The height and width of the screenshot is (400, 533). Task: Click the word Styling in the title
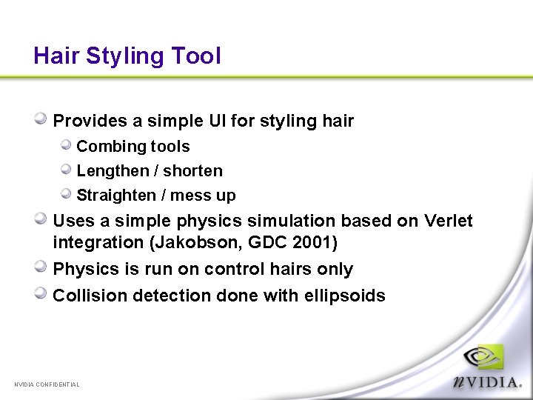[125, 56]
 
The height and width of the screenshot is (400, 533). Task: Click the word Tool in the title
[196, 56]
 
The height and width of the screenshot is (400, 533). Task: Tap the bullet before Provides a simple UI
[42, 119]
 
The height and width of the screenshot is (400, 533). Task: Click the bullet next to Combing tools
[66, 145]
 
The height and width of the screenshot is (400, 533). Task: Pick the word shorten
[192, 170]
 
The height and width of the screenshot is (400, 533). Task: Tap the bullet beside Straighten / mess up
[66, 194]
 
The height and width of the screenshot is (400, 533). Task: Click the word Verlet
[448, 221]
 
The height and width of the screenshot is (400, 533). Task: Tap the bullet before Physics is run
[42, 267]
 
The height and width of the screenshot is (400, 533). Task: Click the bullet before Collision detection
[42, 294]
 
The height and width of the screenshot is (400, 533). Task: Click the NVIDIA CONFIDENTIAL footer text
[47, 384]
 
